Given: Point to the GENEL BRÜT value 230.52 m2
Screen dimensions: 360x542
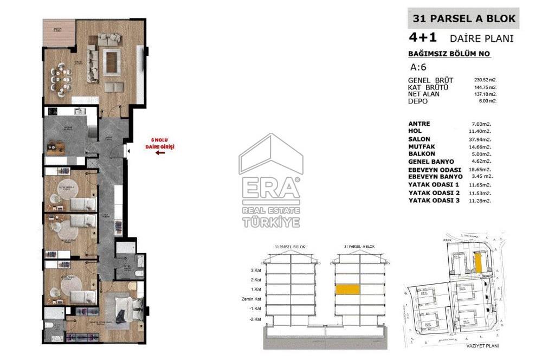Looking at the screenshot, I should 485,80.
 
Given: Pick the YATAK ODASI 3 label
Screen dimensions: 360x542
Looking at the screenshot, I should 434,200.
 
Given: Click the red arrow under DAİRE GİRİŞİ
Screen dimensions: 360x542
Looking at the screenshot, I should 160,153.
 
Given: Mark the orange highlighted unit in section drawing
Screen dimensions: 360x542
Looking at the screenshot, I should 347,290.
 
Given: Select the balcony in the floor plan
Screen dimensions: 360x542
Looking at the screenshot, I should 59,35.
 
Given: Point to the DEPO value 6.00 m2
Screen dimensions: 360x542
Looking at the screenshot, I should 485,101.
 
